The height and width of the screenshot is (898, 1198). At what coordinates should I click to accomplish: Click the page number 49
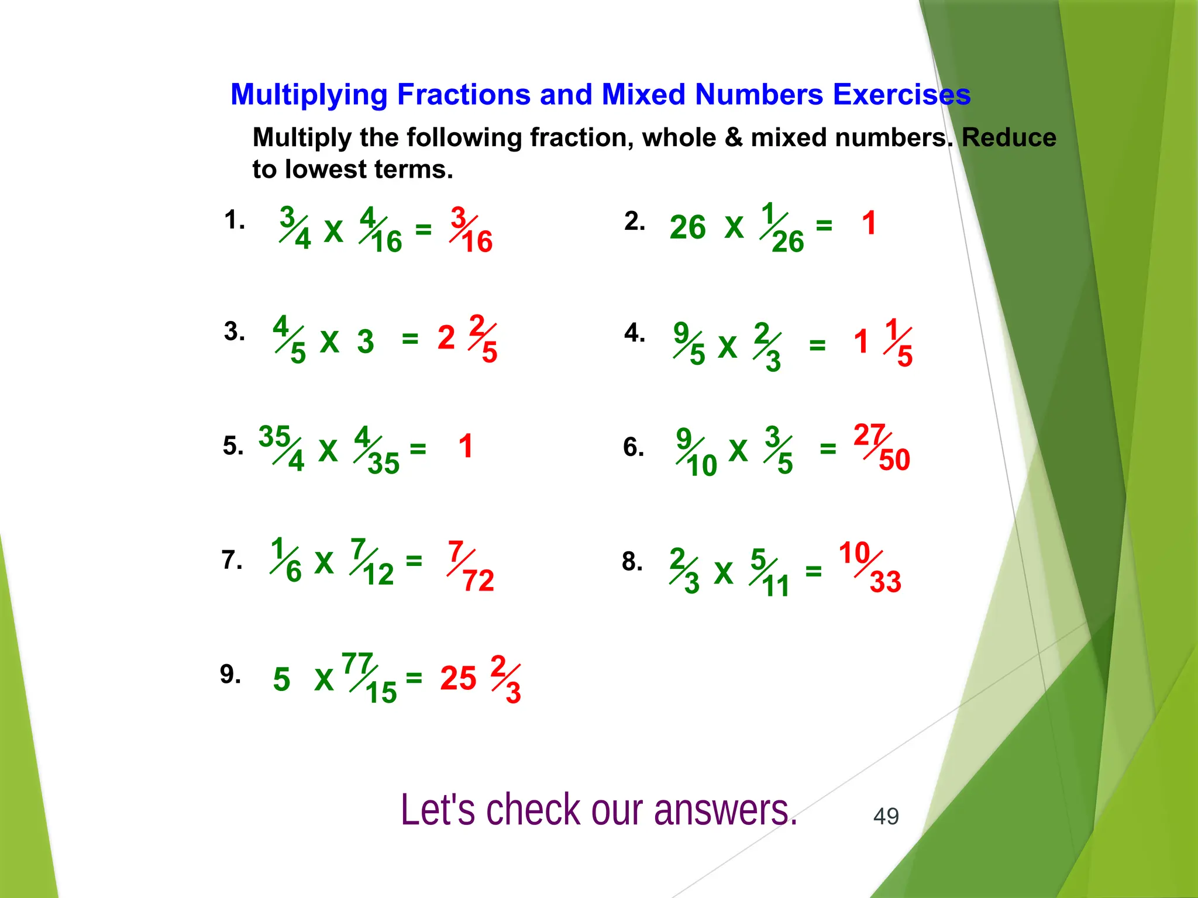point(886,816)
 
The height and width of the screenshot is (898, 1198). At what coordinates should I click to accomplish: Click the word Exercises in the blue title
point(901,95)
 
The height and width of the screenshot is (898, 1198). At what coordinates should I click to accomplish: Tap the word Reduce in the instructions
point(1008,138)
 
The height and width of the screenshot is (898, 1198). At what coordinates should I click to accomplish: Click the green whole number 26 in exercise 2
point(687,227)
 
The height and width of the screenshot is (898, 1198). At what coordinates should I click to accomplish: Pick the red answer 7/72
point(471,567)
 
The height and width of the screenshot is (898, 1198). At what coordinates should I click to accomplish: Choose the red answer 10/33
point(870,568)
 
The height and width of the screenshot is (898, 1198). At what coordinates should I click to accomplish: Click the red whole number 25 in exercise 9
point(458,679)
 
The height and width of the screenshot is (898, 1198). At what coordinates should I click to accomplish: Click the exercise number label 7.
point(232,560)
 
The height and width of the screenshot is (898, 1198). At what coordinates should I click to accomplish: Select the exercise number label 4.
point(634,333)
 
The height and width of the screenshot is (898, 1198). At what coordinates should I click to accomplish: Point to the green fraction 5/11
point(770,574)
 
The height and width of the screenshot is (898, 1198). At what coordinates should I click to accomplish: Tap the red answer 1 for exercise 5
point(466,447)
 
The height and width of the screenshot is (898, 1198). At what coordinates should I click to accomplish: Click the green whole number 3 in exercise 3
point(366,341)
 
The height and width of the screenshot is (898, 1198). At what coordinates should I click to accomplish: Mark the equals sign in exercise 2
point(824,225)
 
